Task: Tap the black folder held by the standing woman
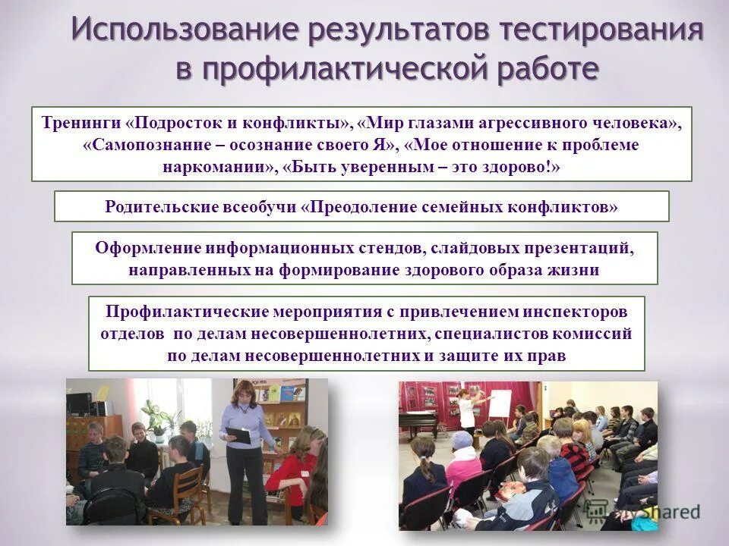237,435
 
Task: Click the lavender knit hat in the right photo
462,441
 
